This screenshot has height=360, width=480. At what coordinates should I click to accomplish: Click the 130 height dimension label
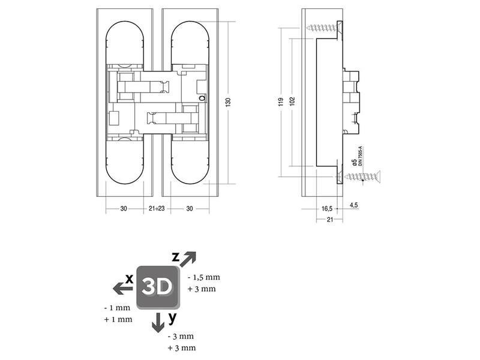[x=228, y=102]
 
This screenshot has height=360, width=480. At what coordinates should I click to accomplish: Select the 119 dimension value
[x=281, y=102]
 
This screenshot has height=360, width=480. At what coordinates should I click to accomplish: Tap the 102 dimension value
[x=292, y=101]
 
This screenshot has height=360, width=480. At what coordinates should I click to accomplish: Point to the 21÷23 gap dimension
[x=157, y=208]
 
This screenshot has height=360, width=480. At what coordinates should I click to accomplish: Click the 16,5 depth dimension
[x=326, y=209]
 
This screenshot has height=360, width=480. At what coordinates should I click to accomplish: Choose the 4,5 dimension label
[x=353, y=205]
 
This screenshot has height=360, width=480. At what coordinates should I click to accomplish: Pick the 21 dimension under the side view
[x=329, y=219]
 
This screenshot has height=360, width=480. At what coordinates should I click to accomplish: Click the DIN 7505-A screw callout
[x=361, y=156]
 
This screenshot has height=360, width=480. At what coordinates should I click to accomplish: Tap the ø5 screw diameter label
[x=354, y=163]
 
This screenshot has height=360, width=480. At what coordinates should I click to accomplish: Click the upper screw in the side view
[x=324, y=28]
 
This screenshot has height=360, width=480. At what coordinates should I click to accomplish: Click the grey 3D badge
[x=158, y=287]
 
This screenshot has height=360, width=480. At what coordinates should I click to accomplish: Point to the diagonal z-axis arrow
[x=187, y=259]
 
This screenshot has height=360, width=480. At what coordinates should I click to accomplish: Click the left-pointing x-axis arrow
[x=123, y=288]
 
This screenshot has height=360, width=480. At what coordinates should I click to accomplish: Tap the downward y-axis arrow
[x=158, y=322]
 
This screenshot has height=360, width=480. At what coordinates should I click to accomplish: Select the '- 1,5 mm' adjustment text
[x=203, y=277]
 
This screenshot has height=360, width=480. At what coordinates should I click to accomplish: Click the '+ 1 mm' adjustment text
[x=118, y=319]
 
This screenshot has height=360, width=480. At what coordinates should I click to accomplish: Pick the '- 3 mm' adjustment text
[x=181, y=337]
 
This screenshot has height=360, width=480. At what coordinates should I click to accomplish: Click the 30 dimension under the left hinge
[x=124, y=208]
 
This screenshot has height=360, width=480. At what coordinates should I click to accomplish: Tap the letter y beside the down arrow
[x=173, y=318]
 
